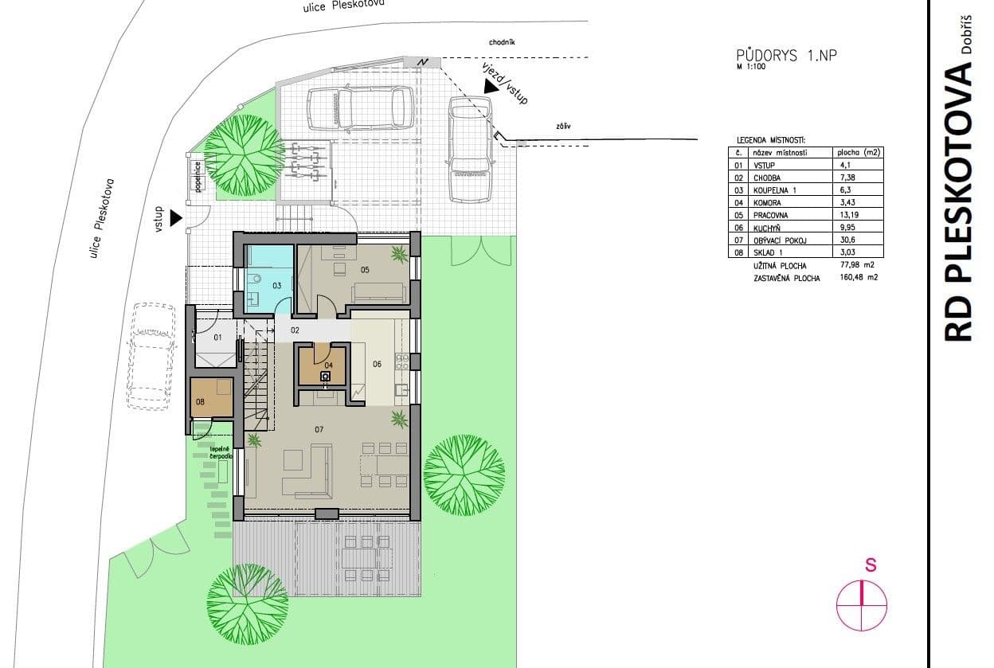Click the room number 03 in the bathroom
[x=277, y=284]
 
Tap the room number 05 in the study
[x=365, y=270]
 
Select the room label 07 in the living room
[x=319, y=430]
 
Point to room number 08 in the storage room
[x=200, y=402]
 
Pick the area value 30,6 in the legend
[x=845, y=240]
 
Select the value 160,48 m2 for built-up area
[x=853, y=279]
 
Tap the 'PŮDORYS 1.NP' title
[x=787, y=56]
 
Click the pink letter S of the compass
[x=871, y=565]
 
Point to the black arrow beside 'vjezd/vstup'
[x=491, y=88]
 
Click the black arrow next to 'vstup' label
[x=176, y=217]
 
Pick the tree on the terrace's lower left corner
[x=248, y=592]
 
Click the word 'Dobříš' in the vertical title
[x=966, y=34]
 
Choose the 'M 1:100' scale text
[x=753, y=68]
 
